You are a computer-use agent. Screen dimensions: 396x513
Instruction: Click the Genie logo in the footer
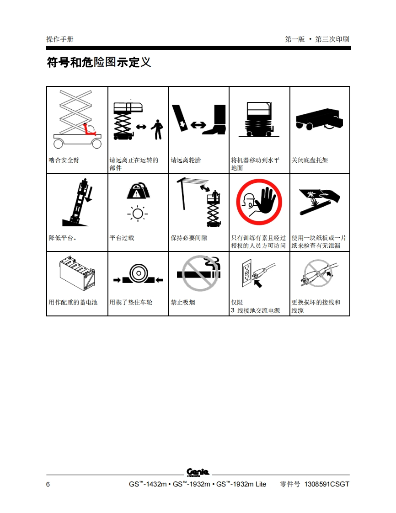click(198, 472)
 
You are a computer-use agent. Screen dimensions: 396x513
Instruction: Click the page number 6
click(48, 484)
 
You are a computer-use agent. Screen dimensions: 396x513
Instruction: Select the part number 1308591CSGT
click(326, 484)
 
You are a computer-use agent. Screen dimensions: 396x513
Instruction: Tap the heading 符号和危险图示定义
click(99, 62)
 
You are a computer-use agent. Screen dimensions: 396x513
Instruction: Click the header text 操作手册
click(59, 39)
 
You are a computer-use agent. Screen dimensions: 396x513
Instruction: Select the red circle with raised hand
click(259, 202)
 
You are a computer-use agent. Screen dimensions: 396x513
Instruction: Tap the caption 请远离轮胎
click(186, 160)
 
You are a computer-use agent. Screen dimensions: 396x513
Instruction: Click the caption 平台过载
click(122, 238)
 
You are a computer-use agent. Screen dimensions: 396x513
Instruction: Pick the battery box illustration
click(77, 273)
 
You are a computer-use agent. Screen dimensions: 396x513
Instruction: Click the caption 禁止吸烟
click(182, 302)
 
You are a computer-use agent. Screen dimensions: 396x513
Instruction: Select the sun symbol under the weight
click(138, 214)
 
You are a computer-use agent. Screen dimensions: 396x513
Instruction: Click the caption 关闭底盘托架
click(310, 160)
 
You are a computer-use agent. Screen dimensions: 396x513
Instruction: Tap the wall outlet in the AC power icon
click(246, 273)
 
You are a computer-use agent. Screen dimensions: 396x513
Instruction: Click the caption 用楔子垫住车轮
click(131, 302)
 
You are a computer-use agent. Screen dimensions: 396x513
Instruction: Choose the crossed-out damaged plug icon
click(320, 273)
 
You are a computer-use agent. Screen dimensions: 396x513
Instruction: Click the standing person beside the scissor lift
click(158, 129)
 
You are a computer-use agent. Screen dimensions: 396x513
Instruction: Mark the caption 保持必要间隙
click(189, 238)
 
